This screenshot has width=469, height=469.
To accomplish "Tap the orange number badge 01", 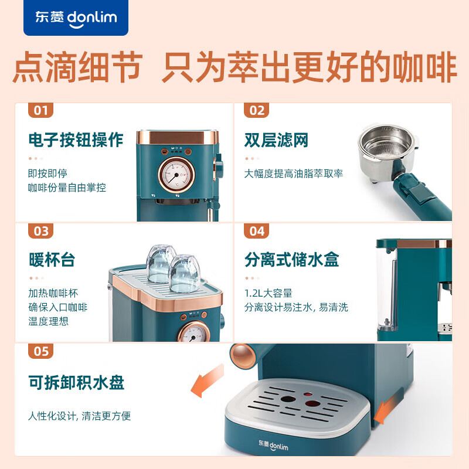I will (x=40, y=110).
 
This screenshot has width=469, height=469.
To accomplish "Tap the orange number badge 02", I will (x=257, y=110).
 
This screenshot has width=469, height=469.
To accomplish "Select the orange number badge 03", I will (x=40, y=231).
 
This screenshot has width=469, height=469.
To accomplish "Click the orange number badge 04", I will (x=257, y=231).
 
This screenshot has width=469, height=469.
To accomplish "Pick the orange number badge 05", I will (x=40, y=351).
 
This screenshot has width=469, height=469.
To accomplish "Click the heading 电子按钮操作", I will (x=76, y=140).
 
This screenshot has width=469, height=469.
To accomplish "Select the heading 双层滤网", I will (x=276, y=140).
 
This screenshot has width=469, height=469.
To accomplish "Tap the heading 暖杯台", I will (x=52, y=260).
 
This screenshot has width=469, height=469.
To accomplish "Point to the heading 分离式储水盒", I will (x=292, y=260).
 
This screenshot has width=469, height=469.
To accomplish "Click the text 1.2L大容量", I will (x=268, y=293).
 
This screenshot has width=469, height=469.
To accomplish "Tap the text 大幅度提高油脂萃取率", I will (x=293, y=174).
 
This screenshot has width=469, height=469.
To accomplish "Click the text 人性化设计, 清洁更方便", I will (x=79, y=416).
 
